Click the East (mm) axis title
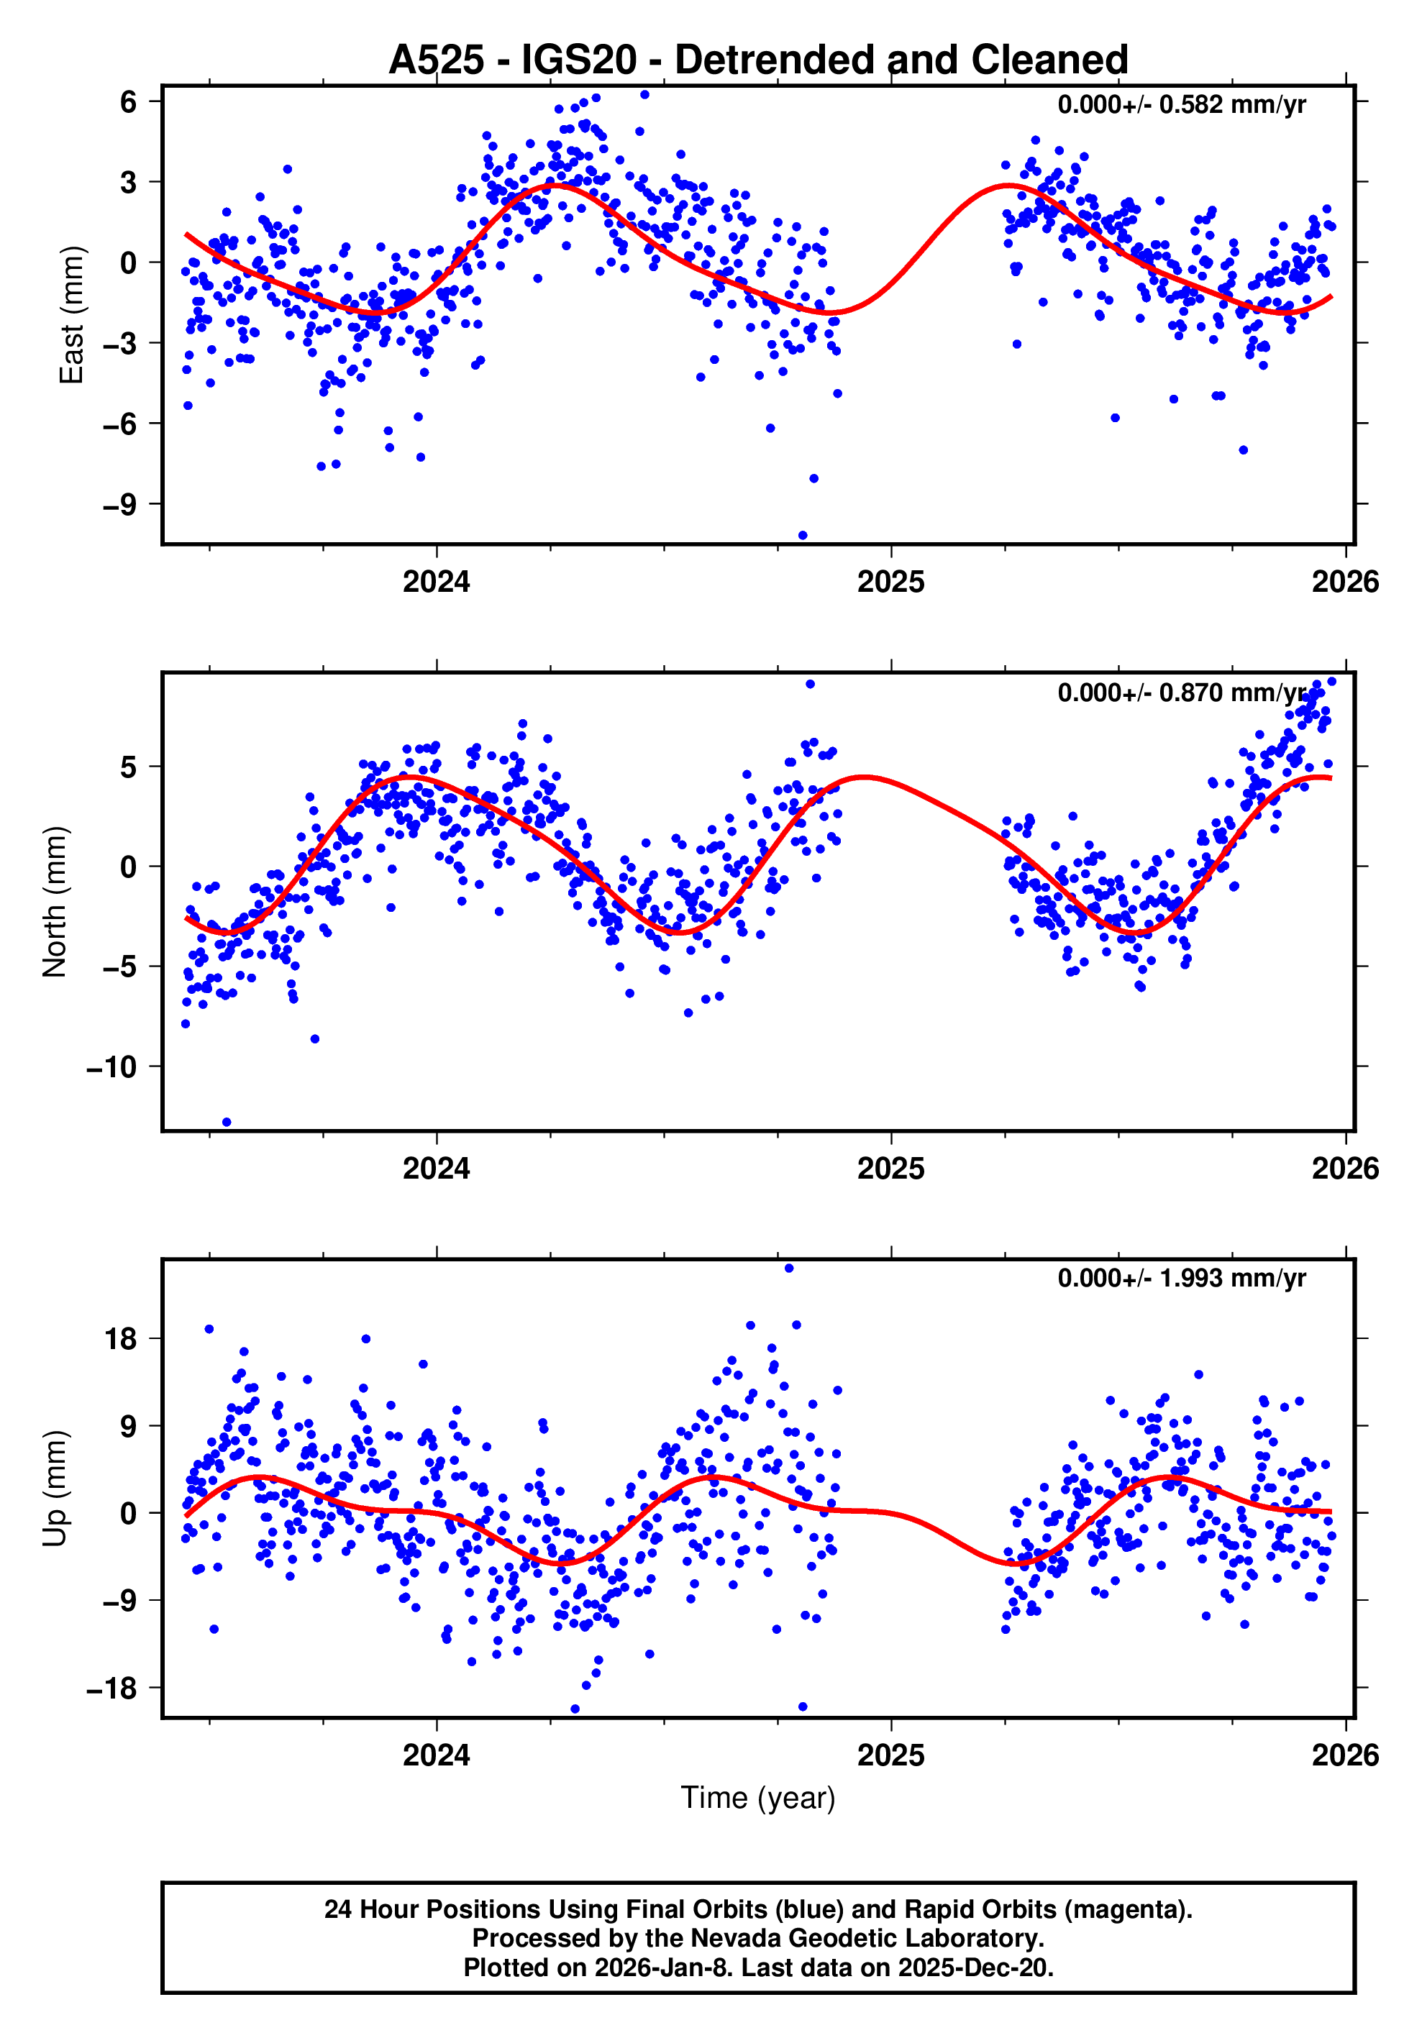pyautogui.click(x=71, y=315)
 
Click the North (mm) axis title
pyautogui.click(x=55, y=902)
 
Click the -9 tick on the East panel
pyautogui.click(x=120, y=505)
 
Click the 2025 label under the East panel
pyautogui.click(x=890, y=582)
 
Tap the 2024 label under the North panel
pyautogui.click(x=436, y=1169)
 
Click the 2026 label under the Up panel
pyautogui.click(x=1345, y=1755)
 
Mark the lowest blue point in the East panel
pyautogui.click(x=803, y=535)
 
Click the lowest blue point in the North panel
pyautogui.click(x=227, y=1122)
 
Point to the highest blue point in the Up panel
pyautogui.click(x=788, y=1269)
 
